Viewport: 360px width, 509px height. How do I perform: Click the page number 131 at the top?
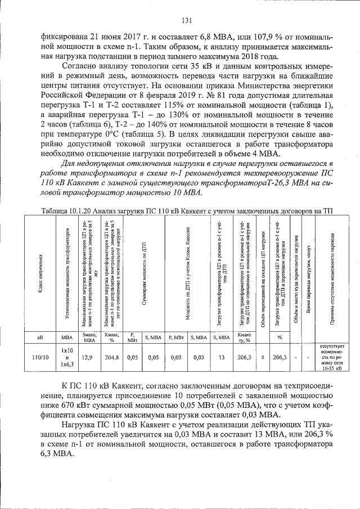[x=187, y=21]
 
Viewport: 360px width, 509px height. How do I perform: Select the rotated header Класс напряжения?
[x=40, y=273]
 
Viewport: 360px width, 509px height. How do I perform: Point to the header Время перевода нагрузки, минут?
[x=309, y=273]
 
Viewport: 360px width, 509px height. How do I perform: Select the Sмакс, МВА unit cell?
[x=88, y=337]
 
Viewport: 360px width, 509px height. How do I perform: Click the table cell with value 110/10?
[x=40, y=357]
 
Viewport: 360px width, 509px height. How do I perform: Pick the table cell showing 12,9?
[x=88, y=357]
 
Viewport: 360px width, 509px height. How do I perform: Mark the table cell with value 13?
[x=222, y=357]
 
